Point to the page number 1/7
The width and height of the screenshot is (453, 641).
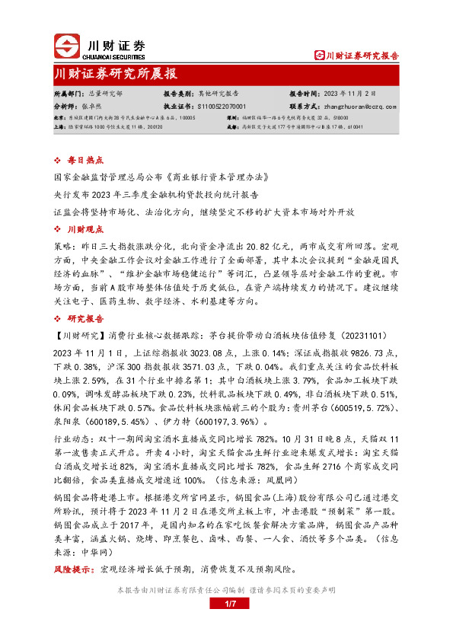[226, 604]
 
